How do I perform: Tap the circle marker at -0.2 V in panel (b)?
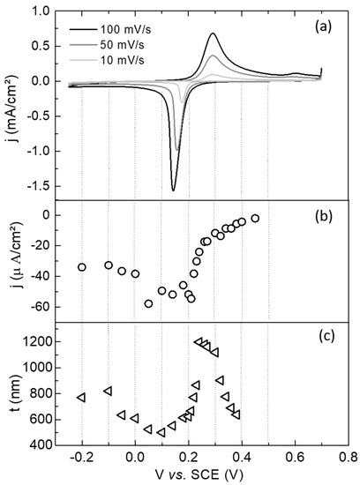point(82,267)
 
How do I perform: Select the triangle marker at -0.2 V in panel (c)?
point(81,398)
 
